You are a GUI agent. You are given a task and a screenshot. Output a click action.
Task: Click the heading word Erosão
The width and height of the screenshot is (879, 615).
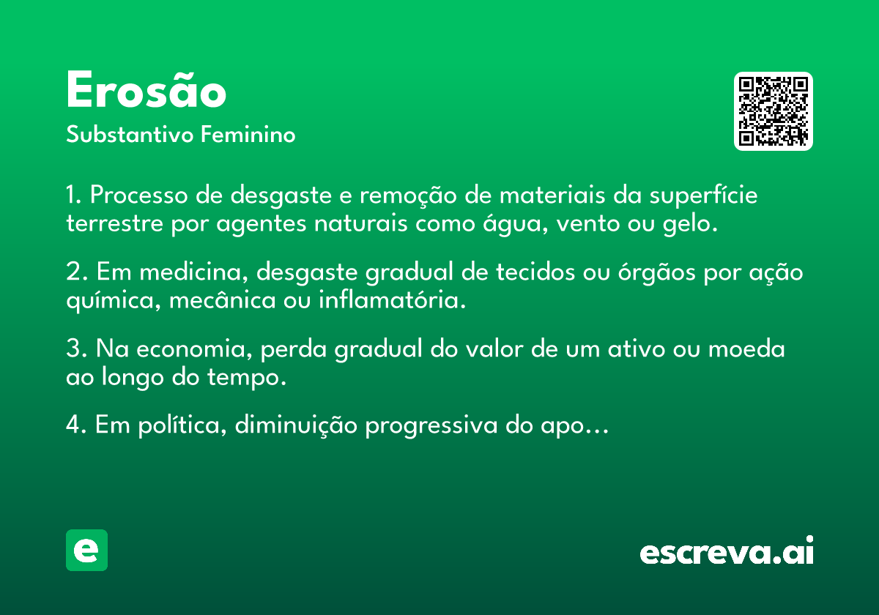pyautogui.click(x=146, y=89)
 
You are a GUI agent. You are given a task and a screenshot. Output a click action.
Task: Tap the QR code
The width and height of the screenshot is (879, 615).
pyautogui.click(x=773, y=111)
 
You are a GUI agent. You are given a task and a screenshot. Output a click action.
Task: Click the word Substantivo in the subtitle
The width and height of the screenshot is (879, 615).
pyautogui.click(x=130, y=134)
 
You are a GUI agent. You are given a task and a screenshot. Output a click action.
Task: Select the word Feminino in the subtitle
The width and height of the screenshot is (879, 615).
pyautogui.click(x=248, y=134)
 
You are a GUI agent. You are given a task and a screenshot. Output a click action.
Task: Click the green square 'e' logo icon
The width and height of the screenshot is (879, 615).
pyautogui.click(x=86, y=550)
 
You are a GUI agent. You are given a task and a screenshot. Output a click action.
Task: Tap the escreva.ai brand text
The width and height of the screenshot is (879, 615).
pyautogui.click(x=727, y=550)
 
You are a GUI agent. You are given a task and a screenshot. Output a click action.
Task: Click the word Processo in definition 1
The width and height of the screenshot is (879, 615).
pyautogui.click(x=138, y=195)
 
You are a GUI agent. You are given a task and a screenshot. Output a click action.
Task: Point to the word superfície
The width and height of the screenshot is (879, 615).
pyautogui.click(x=703, y=195)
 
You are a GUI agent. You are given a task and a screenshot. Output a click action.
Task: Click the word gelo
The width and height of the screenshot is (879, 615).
pyautogui.click(x=690, y=224)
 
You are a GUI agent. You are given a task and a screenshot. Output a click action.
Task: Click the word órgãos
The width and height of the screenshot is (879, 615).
pyautogui.click(x=657, y=272)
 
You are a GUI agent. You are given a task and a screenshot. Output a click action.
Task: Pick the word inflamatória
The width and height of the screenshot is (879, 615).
pyautogui.click(x=392, y=300)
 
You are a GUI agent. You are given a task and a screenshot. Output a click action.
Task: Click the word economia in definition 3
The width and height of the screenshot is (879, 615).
pyautogui.click(x=194, y=349)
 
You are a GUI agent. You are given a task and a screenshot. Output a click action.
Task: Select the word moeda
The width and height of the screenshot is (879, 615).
pyautogui.click(x=746, y=348)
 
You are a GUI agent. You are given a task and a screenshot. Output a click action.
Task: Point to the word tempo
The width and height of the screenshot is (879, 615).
pyautogui.click(x=247, y=378)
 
